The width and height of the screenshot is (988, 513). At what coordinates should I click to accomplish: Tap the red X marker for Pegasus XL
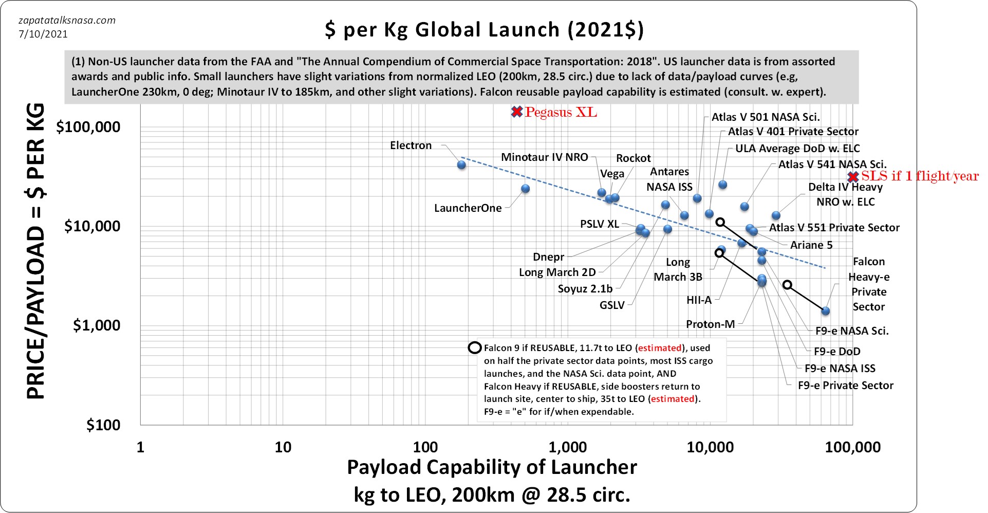tap(517, 112)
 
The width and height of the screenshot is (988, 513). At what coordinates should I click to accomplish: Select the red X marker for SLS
tap(853, 177)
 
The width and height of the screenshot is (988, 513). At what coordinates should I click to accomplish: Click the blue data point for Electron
tap(461, 165)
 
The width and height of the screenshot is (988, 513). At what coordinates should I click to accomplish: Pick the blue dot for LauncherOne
tap(525, 189)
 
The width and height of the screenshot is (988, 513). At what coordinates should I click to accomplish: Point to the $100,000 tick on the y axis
tap(88, 127)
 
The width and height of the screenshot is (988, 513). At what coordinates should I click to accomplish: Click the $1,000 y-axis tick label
tap(96, 325)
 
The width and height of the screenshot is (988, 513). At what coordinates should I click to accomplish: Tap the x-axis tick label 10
tap(283, 447)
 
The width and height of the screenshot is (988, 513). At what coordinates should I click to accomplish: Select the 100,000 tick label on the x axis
tap(852, 447)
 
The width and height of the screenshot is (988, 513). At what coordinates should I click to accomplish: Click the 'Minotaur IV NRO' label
tap(544, 157)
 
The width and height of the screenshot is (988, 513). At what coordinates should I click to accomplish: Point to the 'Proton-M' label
tap(710, 324)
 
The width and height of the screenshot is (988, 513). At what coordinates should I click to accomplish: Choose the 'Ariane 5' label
tap(811, 245)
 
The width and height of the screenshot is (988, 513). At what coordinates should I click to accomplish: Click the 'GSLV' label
tap(612, 305)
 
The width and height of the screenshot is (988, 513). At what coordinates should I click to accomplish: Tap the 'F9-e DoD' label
tap(836, 352)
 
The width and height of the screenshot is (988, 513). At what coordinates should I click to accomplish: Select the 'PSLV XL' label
tap(599, 224)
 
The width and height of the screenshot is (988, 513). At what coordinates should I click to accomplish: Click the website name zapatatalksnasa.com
tap(67, 21)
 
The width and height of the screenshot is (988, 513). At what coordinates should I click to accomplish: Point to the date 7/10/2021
tap(43, 34)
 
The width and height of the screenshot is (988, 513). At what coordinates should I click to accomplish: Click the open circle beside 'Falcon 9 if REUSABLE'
tap(474, 348)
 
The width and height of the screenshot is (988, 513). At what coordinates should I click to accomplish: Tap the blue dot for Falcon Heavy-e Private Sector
tap(825, 311)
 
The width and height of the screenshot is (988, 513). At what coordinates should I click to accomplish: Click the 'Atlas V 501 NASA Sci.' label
tap(765, 117)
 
